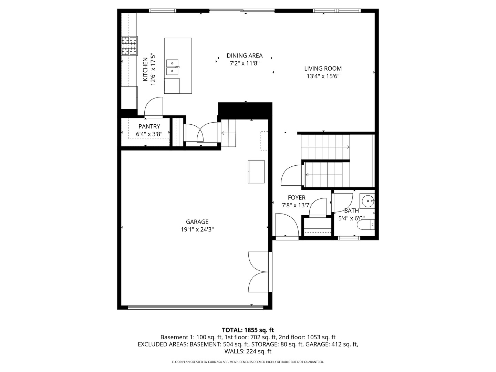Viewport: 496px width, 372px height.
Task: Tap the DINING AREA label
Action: [244, 55]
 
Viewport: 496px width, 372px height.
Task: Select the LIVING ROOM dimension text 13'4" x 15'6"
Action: [323, 76]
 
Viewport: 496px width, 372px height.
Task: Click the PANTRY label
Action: [149, 126]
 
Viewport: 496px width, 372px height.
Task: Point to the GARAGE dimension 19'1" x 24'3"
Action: [197, 229]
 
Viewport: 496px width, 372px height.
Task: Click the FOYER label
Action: [296, 198]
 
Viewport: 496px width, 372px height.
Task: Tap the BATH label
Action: [351, 210]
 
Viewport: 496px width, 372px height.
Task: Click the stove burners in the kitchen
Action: [130, 46]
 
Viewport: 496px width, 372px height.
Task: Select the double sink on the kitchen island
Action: [172, 68]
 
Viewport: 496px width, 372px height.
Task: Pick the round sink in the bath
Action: [368, 201]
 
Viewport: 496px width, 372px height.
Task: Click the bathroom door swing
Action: [343, 203]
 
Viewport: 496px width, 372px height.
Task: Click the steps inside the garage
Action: [228, 133]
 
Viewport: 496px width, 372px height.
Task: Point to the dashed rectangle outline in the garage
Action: [264, 141]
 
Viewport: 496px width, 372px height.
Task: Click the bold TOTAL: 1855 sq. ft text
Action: [248, 330]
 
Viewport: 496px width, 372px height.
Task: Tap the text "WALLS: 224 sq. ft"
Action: [248, 351]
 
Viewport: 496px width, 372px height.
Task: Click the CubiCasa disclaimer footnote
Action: [248, 362]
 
